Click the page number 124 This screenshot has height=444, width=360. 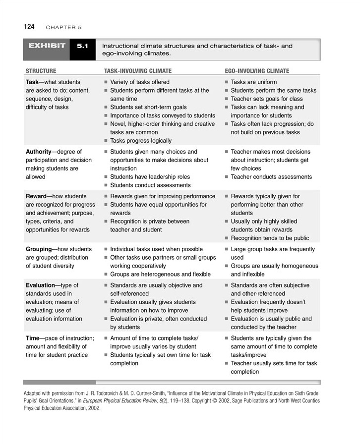pyautogui.click(x=29, y=27)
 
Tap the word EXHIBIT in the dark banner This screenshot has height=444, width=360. pyautogui.click(x=47, y=46)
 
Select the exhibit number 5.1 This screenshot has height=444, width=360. pyautogui.click(x=82, y=46)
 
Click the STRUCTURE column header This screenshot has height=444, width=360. pyautogui.click(x=41, y=71)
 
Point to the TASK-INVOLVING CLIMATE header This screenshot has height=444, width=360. pyautogui.click(x=138, y=71)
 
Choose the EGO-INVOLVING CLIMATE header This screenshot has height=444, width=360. pyautogui.click(x=257, y=71)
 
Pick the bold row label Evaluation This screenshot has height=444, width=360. pyautogui.click(x=41, y=285)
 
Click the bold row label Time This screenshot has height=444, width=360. pyautogui.click(x=33, y=338)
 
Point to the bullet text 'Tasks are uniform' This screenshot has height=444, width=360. pyautogui.click(x=254, y=82)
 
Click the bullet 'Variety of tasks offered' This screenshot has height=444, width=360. pyautogui.click(x=140, y=82)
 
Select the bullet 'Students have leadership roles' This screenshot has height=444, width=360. pyautogui.click(x=150, y=177)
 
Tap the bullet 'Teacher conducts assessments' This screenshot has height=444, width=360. pyautogui.click(x=271, y=177)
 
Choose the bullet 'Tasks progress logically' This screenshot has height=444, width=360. pyautogui.click(x=141, y=141)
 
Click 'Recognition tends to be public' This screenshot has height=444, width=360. pyautogui.click(x=270, y=238)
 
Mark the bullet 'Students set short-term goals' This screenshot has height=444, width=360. pyautogui.click(x=148, y=107)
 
